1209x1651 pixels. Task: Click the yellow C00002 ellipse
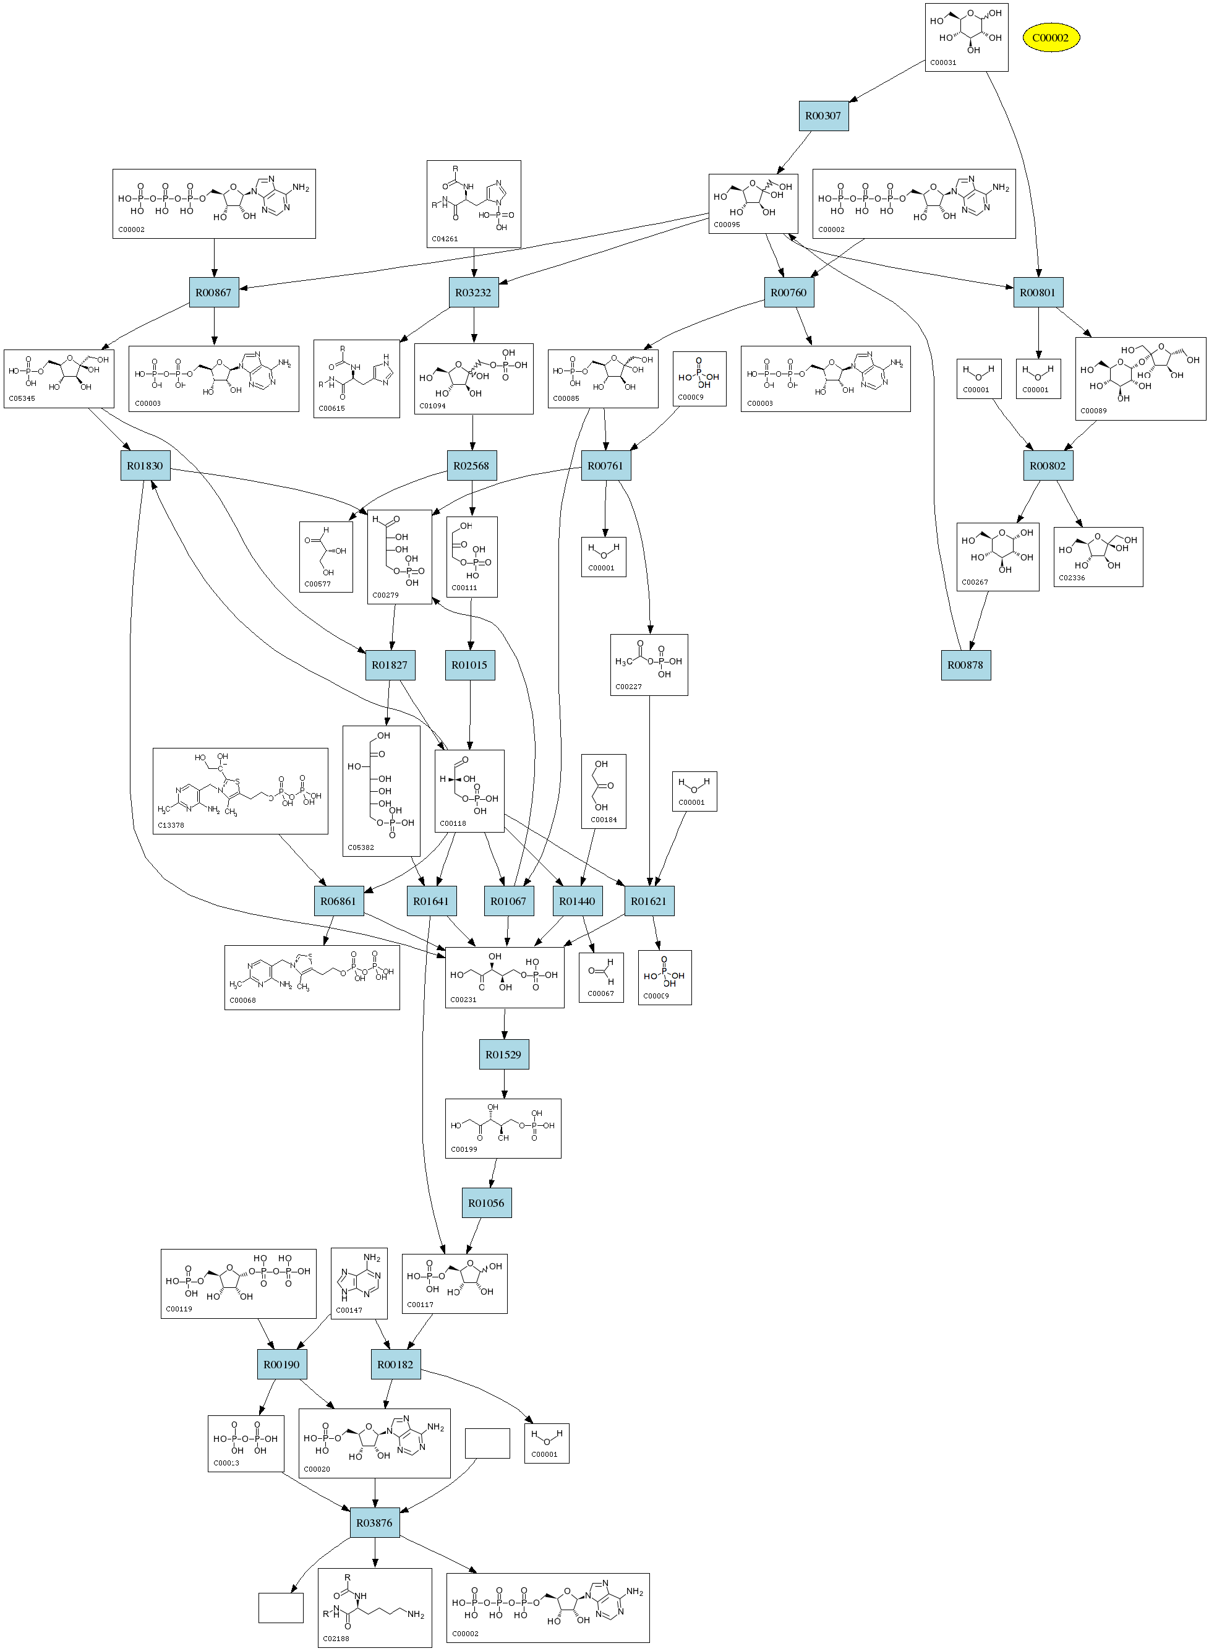pos(1050,37)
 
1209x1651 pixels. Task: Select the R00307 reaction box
pos(823,116)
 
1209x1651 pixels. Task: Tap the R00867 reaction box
pos(214,293)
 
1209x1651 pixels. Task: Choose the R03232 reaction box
pos(474,293)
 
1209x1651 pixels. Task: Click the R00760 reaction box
pos(788,293)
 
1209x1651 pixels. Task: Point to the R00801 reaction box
pos(1038,293)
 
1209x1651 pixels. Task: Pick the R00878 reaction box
pos(965,665)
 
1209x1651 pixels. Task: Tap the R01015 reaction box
pos(469,665)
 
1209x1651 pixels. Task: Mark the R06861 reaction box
pos(338,901)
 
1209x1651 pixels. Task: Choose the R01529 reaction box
pos(503,1055)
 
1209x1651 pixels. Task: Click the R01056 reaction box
pos(486,1203)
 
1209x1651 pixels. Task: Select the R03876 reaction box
pos(374,1522)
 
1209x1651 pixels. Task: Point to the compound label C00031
pos(943,63)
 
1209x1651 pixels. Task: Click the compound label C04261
pos(445,239)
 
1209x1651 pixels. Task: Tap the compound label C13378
pos(171,825)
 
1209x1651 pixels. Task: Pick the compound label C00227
pos(629,687)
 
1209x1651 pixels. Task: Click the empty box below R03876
pos(281,1607)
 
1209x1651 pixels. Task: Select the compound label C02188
pos(336,1639)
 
